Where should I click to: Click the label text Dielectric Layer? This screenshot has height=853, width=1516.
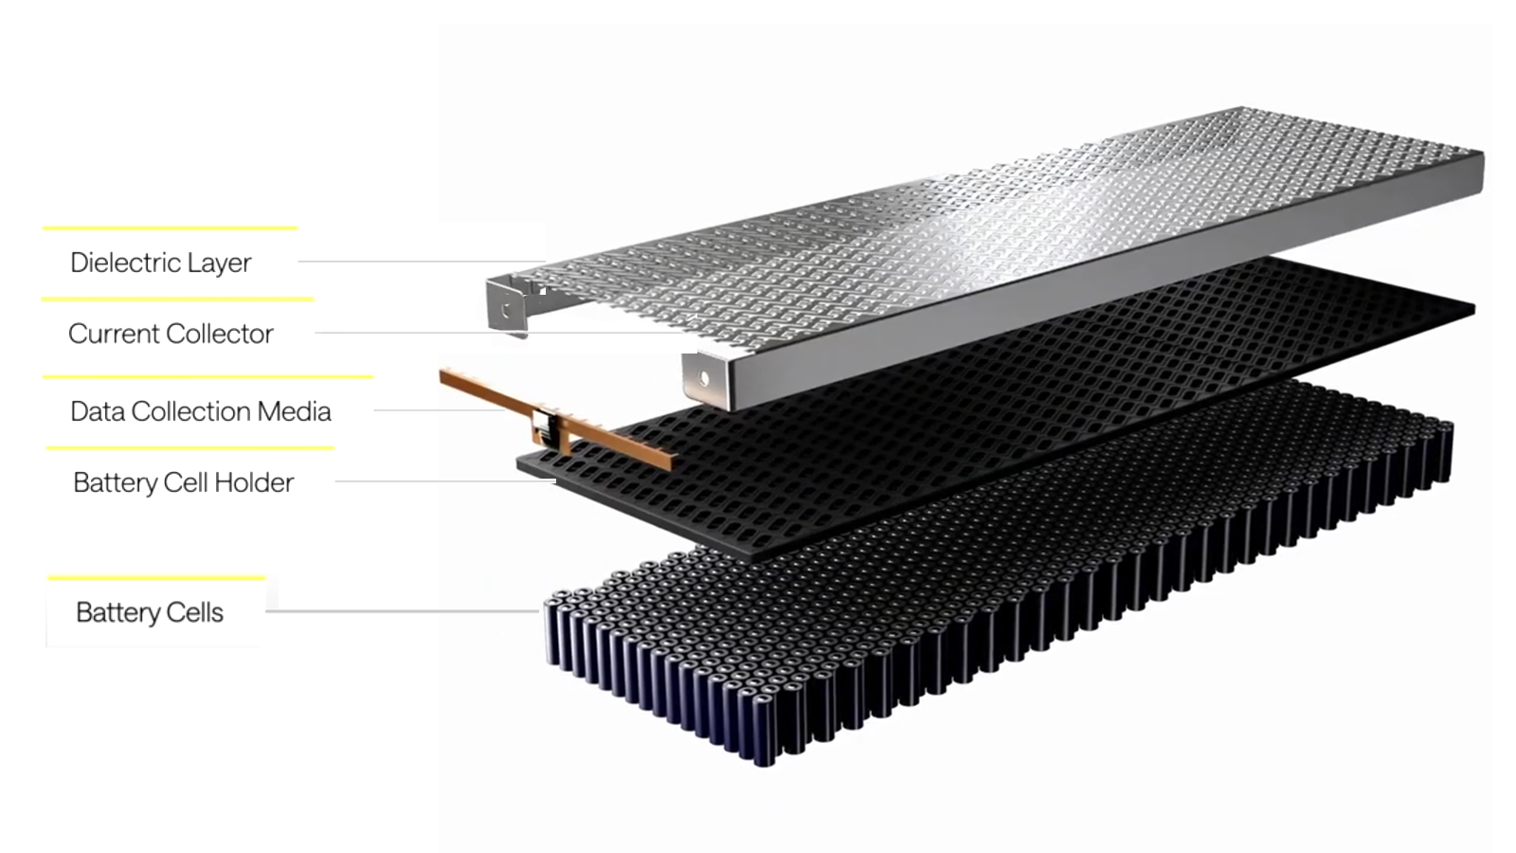[160, 263]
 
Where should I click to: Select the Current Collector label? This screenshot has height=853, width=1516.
[171, 334]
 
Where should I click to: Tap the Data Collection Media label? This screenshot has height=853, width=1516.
[200, 411]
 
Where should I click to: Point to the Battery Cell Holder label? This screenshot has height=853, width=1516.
[183, 482]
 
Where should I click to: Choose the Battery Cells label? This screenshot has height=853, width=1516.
[150, 612]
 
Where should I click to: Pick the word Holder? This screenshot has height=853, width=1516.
[254, 482]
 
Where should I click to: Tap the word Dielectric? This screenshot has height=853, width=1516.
[125, 263]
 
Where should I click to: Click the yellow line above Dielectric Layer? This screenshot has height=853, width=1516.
[170, 227]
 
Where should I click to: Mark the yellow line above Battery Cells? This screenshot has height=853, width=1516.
[156, 577]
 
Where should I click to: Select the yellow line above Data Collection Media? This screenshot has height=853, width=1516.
[208, 376]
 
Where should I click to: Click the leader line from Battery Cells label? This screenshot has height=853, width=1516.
[402, 611]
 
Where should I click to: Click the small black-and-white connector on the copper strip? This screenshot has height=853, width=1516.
[544, 424]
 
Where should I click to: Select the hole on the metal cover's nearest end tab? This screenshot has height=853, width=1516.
[704, 379]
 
